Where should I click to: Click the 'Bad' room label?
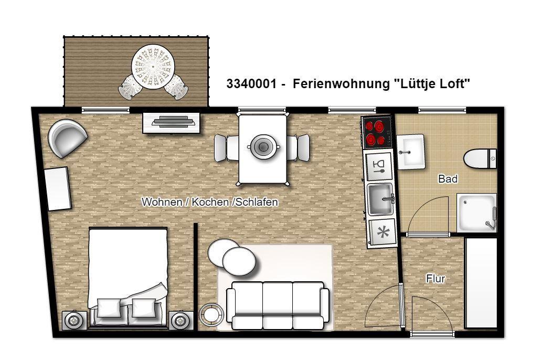coord(448,179)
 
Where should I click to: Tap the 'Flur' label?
coord(436,279)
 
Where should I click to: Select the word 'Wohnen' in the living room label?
coord(162,202)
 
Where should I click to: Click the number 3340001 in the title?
coord(251,83)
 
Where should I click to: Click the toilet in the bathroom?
coord(480,159)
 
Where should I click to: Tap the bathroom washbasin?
coord(410,152)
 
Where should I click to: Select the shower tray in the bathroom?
coord(476,213)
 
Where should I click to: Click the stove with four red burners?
coord(376,133)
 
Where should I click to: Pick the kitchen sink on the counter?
coord(380,199)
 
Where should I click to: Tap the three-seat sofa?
coord(278,305)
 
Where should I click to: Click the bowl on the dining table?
coord(263,147)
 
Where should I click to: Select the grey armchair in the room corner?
coord(68,138)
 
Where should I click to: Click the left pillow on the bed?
coord(109,308)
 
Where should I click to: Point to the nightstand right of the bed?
coord(181,321)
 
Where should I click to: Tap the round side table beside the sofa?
coord(211,314)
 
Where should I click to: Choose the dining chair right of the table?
coord(299,148)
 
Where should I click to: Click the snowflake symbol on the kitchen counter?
coord(382,232)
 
